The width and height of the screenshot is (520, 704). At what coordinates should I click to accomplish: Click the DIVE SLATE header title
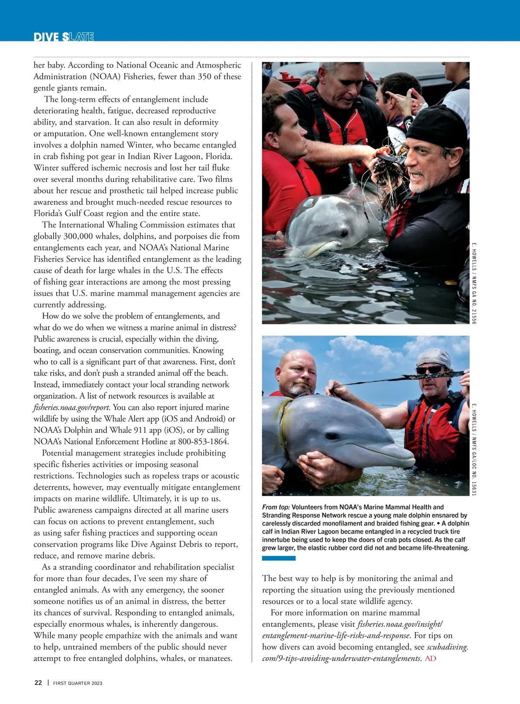[x=64, y=37]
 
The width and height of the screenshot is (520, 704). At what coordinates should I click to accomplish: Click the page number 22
[x=38, y=683]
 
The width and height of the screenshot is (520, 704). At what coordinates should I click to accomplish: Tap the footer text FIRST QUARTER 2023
[x=78, y=683]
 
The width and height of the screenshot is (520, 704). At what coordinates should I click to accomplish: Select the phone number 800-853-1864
[x=200, y=442]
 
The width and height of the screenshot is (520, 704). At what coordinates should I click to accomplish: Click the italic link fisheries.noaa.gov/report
[x=71, y=407]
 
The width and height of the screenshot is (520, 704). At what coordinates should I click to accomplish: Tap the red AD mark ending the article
[x=430, y=659]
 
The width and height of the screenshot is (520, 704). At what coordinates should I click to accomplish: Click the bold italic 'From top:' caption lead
[x=276, y=507]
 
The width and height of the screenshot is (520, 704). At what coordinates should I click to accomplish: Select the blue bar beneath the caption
[x=279, y=559]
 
